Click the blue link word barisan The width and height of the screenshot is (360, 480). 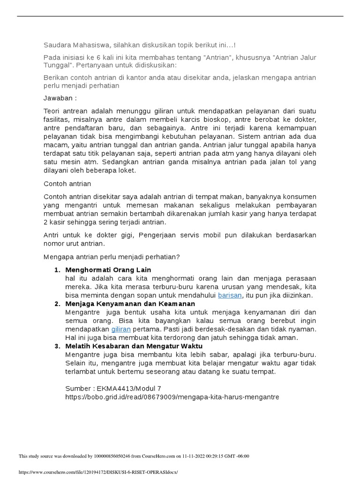pyautogui.click(x=230, y=295)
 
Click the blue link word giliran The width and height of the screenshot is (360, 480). pyautogui.click(x=120, y=329)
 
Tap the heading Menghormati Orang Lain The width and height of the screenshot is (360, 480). pyautogui.click(x=108, y=270)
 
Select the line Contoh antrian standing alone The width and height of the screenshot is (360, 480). pyautogui.click(x=67, y=184)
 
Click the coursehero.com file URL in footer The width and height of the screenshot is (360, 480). pyautogui.click(x=98, y=472)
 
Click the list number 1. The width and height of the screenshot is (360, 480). pyautogui.click(x=57, y=270)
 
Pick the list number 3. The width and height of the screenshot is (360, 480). pyautogui.click(x=57, y=346)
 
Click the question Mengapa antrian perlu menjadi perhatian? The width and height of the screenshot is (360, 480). pyautogui.click(x=112, y=256)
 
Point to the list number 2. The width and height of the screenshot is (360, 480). pyautogui.click(x=57, y=304)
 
